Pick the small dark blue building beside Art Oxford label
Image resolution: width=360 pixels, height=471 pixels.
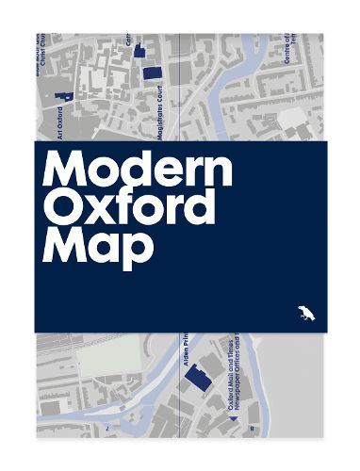coord(65,95)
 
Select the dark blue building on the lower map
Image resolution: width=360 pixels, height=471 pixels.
coord(196,381)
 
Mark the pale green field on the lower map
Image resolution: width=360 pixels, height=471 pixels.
coord(108,364)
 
